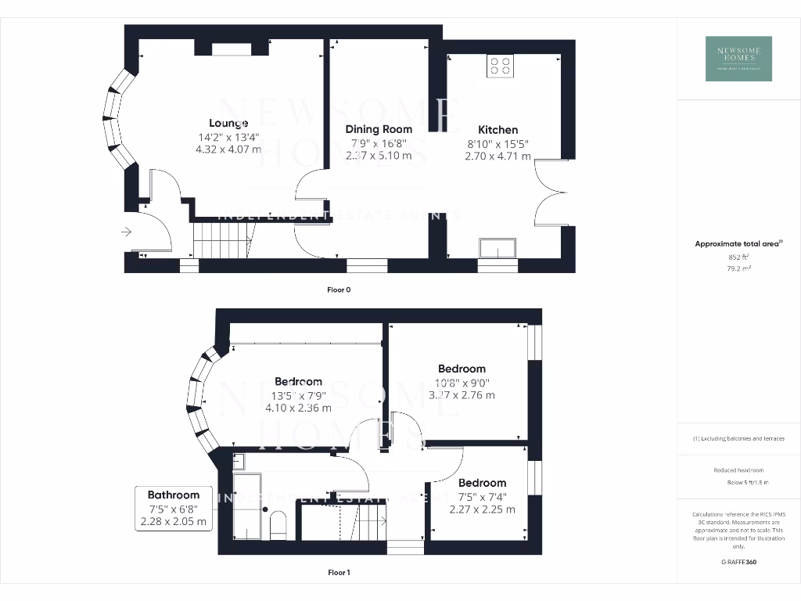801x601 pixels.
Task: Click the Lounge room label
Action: (x=228, y=123)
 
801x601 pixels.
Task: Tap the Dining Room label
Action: (x=379, y=129)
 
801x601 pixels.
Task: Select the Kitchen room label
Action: (x=498, y=130)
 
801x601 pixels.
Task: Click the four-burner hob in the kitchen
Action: (x=500, y=67)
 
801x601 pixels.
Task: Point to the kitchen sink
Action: (x=498, y=249)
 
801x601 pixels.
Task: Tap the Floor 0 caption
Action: (x=339, y=290)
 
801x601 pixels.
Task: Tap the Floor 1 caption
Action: (x=339, y=573)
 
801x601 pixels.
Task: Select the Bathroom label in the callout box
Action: (x=174, y=495)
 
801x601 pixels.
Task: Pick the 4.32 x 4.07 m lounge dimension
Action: (x=228, y=149)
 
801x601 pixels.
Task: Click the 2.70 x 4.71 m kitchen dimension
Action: (x=498, y=157)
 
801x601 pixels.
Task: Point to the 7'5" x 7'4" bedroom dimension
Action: (x=483, y=496)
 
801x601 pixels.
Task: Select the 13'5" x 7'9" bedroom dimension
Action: (x=298, y=395)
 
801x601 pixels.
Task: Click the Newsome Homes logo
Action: (x=738, y=59)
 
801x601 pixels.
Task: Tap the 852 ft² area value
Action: (x=738, y=257)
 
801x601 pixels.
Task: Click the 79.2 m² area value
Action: (x=738, y=268)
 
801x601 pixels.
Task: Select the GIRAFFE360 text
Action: (x=738, y=562)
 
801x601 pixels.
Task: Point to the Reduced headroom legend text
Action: (x=738, y=470)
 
